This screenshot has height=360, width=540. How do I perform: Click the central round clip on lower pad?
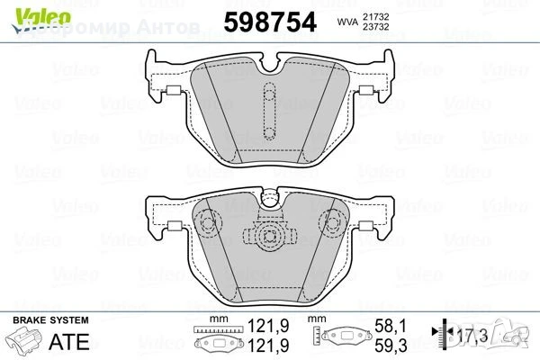(267, 236)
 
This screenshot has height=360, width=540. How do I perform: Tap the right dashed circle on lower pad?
(331, 220)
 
